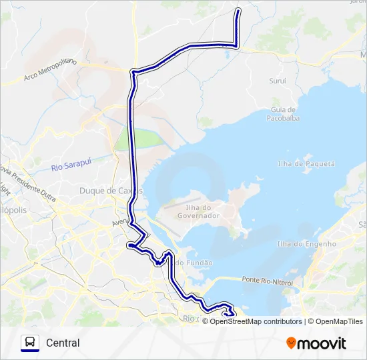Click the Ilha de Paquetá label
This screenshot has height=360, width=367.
(x=306, y=163)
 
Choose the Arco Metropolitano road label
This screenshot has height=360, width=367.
(x=51, y=70)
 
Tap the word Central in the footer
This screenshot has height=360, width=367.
(x=63, y=343)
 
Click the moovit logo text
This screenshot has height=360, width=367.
(x=322, y=343)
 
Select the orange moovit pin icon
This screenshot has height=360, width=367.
(x=291, y=343)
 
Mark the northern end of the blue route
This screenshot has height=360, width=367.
(x=239, y=9)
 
